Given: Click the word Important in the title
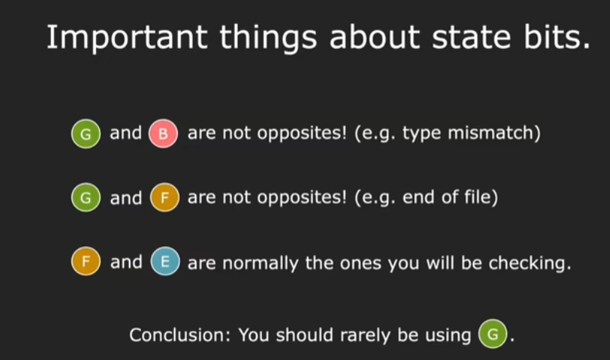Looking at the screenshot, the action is [x=127, y=37].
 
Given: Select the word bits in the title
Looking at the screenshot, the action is [x=557, y=37].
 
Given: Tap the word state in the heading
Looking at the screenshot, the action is [x=471, y=37].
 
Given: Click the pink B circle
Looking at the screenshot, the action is [x=164, y=133].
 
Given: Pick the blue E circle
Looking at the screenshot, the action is [x=165, y=261].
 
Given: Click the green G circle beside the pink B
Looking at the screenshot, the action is [x=86, y=133].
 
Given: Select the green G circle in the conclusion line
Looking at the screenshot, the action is [x=493, y=334].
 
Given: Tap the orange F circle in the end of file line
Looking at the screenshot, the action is [x=164, y=197].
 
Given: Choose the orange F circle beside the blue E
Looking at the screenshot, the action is [x=86, y=261].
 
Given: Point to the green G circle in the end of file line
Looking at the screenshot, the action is [x=86, y=197].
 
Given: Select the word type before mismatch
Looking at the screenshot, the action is [x=422, y=134].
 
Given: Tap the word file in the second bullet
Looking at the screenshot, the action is [x=481, y=196].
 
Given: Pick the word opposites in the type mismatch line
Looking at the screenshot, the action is [x=302, y=133].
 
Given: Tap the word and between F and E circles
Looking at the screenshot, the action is [x=126, y=262].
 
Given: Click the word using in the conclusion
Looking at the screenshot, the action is [x=448, y=336].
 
